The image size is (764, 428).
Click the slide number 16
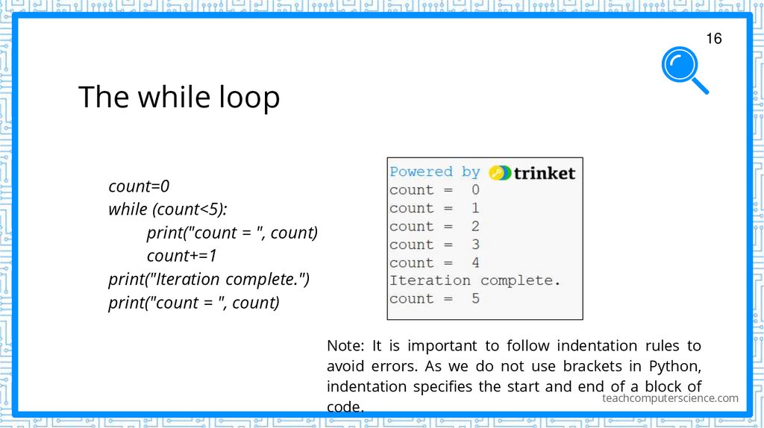[714, 39]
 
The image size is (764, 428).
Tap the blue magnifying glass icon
[683, 69]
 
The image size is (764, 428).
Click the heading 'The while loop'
[179, 97]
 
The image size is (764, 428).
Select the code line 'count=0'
[139, 186]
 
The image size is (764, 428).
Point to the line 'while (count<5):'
[167, 209]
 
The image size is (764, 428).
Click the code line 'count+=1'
[181, 256]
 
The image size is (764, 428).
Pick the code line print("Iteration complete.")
[209, 279]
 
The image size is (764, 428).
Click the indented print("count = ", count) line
[232, 233]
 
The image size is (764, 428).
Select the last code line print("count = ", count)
[194, 303]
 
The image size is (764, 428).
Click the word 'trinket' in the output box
[545, 173]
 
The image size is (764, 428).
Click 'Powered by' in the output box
[435, 171]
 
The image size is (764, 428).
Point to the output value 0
[475, 190]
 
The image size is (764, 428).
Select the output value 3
[475, 245]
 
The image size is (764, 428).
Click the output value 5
[475, 299]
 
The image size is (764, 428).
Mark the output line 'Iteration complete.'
[475, 281]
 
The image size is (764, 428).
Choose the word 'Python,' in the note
[674, 366]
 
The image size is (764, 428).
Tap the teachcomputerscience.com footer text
[670, 398]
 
